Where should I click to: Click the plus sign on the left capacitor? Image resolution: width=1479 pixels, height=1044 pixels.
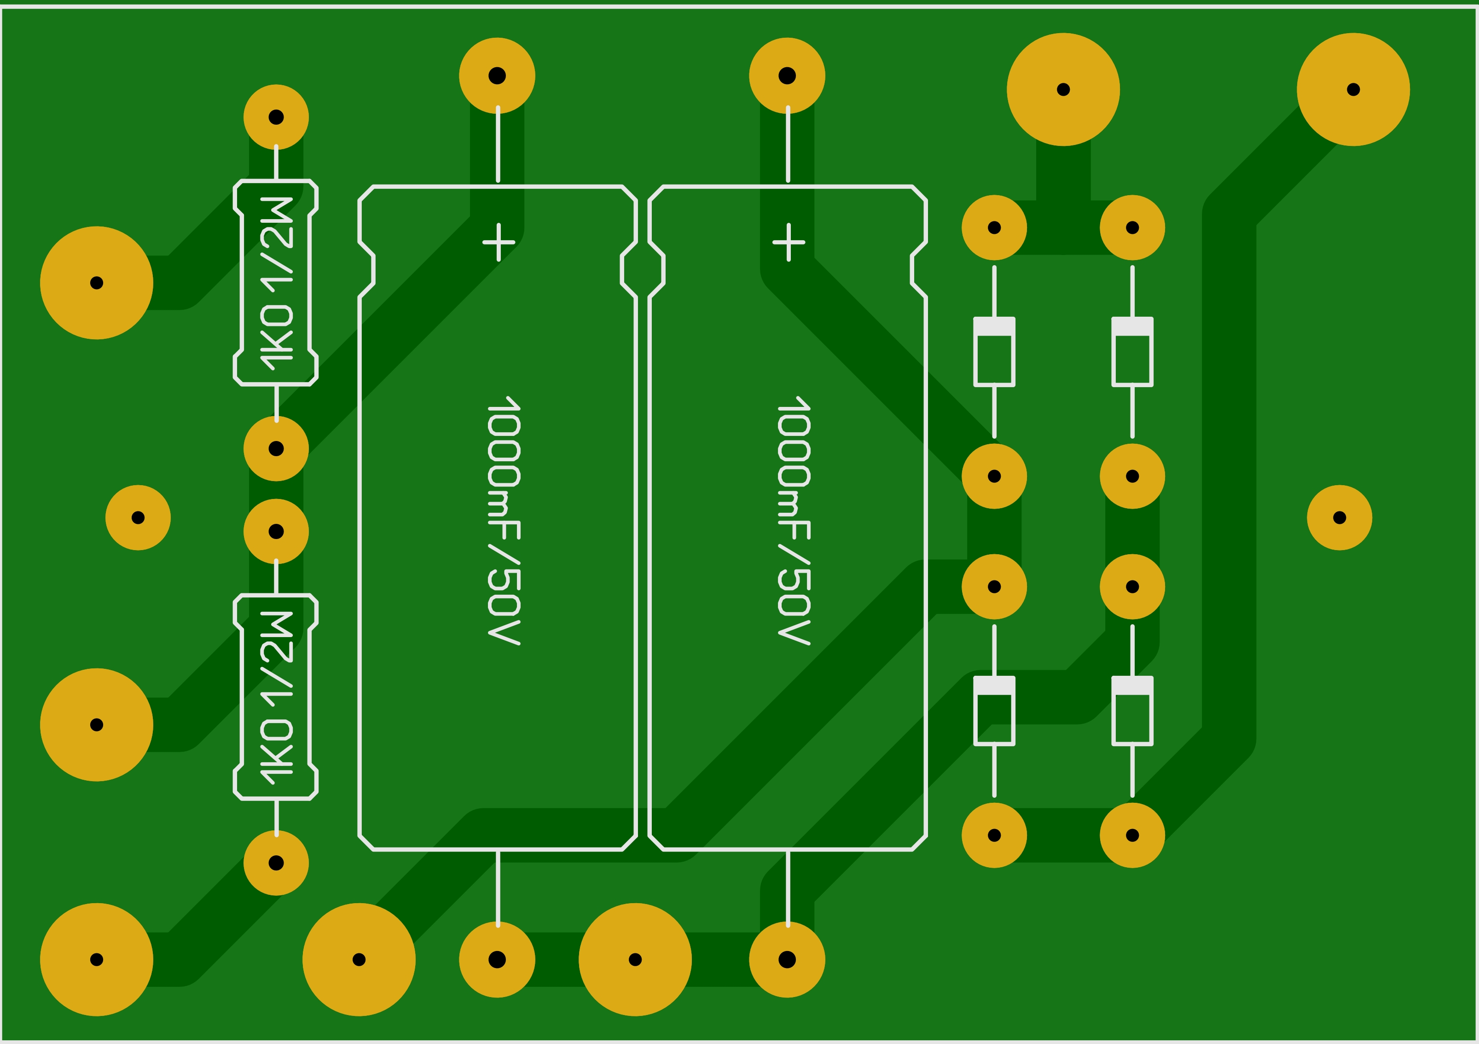tap(499, 242)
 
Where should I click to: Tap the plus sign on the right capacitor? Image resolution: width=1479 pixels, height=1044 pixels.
tap(789, 242)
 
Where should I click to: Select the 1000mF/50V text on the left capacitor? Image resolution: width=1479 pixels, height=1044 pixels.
tap(504, 521)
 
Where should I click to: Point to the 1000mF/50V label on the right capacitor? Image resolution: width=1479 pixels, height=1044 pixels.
tap(794, 521)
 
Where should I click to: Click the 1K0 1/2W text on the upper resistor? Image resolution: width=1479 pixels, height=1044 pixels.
tap(276, 284)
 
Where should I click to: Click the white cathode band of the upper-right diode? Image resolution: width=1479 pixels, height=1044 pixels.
tap(1132, 326)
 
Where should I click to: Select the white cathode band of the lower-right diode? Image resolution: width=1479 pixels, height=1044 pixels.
tap(1132, 685)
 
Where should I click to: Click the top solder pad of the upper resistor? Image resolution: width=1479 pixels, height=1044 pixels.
tap(276, 117)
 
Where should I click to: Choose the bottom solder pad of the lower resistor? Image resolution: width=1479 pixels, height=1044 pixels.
tap(276, 863)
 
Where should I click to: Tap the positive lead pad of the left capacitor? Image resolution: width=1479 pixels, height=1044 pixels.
tap(497, 76)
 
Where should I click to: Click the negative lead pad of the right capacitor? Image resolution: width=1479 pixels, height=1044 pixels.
tap(787, 960)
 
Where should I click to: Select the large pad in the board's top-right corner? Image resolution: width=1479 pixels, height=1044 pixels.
tap(1353, 89)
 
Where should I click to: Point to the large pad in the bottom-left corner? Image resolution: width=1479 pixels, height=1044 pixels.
tap(97, 960)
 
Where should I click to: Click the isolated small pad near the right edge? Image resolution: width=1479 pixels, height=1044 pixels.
tap(1340, 518)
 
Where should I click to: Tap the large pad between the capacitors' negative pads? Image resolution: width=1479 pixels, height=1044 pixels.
tap(635, 960)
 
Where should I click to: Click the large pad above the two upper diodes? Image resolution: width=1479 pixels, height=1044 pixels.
tap(1063, 89)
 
